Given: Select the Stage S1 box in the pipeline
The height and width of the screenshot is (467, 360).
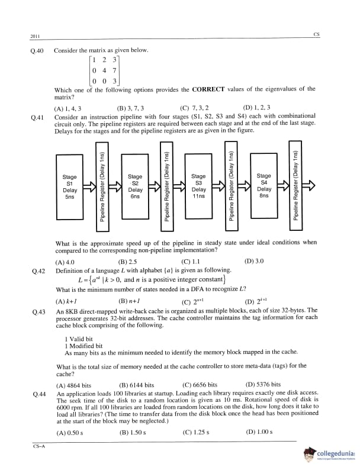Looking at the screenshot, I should pos(69,186).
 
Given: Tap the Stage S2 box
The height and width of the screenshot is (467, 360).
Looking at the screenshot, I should pos(134,186).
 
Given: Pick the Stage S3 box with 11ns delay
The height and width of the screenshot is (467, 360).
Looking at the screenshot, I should pos(198,186).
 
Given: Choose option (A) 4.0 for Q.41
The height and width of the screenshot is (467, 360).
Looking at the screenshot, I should pos(65,262).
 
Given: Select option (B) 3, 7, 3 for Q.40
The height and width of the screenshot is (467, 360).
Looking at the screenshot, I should pos(131,108).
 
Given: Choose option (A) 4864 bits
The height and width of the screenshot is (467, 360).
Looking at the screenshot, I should pos(73,385).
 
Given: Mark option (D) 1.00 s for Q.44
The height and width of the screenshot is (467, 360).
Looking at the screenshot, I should pos(258,432).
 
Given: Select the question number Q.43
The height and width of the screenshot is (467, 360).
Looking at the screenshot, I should pos(38,311).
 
